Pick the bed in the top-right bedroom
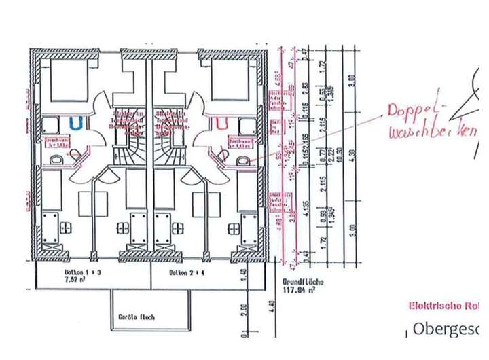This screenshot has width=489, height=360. tap(232, 82)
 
